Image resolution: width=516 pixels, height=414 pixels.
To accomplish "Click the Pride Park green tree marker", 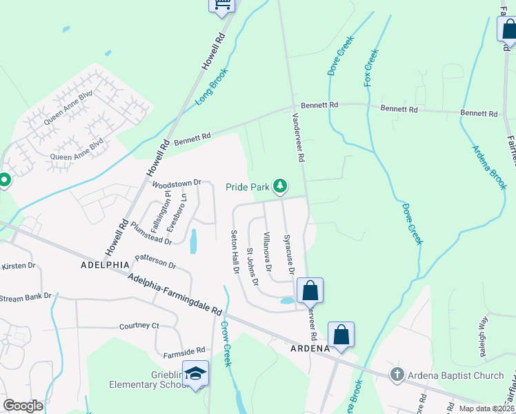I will point(280,186).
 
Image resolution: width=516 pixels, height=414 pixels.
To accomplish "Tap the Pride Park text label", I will point(248,187).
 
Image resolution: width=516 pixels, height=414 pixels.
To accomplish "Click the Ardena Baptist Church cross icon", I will point(397,375).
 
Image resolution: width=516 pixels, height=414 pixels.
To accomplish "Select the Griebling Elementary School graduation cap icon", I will point(196,373).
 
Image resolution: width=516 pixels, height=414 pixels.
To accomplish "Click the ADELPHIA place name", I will point(104,264).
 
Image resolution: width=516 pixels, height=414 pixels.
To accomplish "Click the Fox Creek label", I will point(370,67).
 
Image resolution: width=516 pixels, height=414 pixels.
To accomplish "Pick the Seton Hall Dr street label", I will point(235,251).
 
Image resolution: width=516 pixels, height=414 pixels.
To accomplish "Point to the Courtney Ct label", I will point(139,326).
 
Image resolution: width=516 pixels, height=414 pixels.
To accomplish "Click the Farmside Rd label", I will point(182,350).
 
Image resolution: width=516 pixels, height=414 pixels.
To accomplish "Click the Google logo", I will point(23,406).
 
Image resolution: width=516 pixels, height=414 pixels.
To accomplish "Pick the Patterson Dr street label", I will point(156,262).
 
